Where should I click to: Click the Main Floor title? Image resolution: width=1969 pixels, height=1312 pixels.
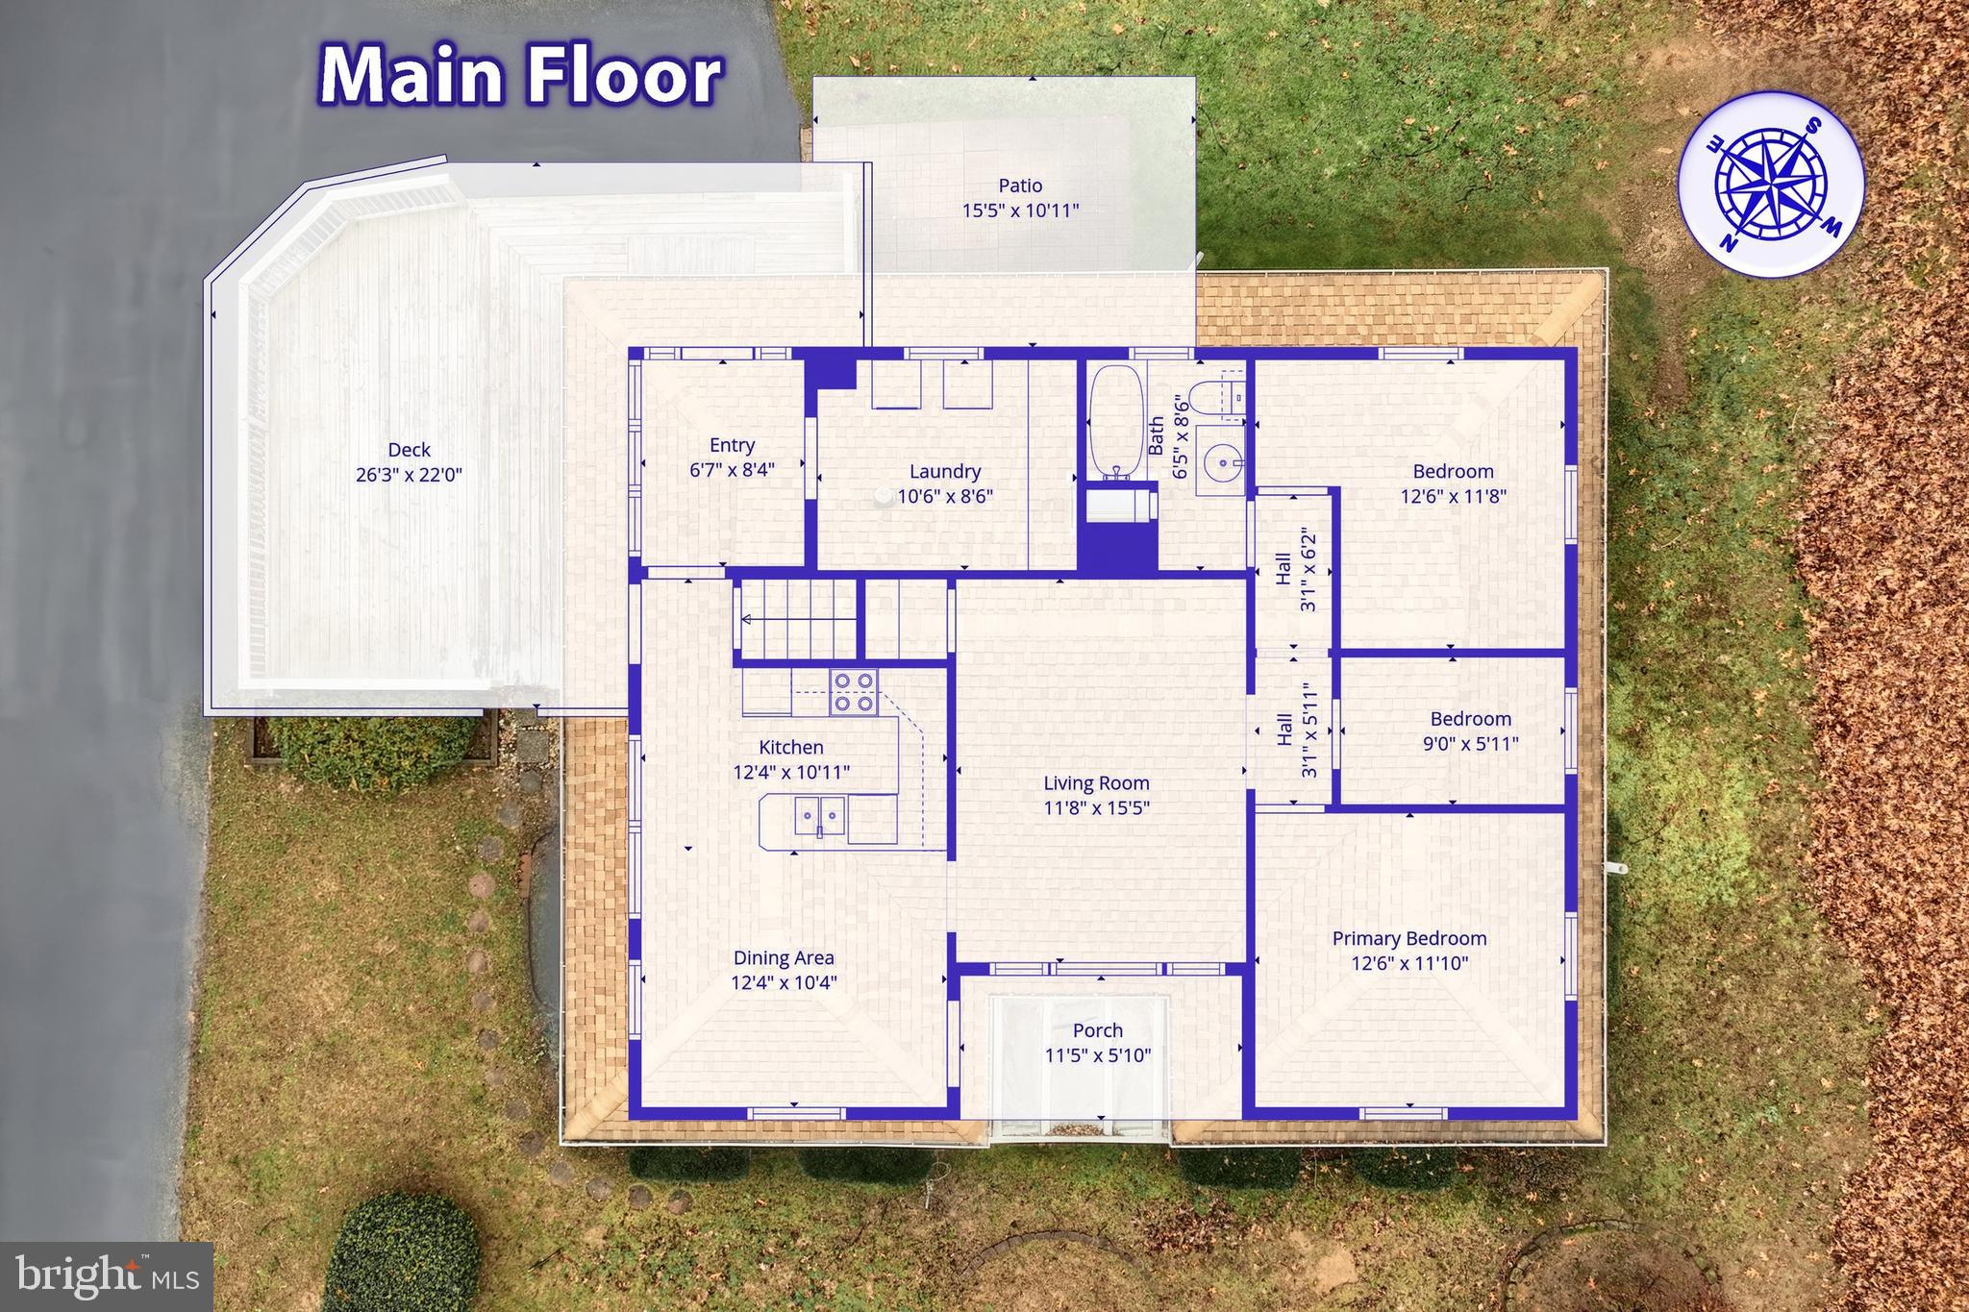click(520, 75)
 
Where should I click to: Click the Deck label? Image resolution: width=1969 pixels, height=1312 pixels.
click(409, 450)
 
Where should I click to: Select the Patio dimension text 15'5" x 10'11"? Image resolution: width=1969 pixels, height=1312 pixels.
click(1020, 210)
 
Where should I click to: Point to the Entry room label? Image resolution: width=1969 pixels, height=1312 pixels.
click(732, 445)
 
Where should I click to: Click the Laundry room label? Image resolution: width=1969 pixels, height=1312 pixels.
click(945, 471)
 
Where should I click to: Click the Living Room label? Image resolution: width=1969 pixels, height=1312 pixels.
click(1096, 783)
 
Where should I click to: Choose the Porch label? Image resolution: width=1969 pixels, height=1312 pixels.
click(1097, 1030)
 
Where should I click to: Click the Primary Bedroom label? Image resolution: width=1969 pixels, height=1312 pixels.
click(1408, 938)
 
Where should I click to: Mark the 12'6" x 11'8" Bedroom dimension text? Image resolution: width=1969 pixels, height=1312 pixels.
click(1453, 496)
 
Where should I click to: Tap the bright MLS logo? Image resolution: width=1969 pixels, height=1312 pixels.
click(108, 1276)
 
